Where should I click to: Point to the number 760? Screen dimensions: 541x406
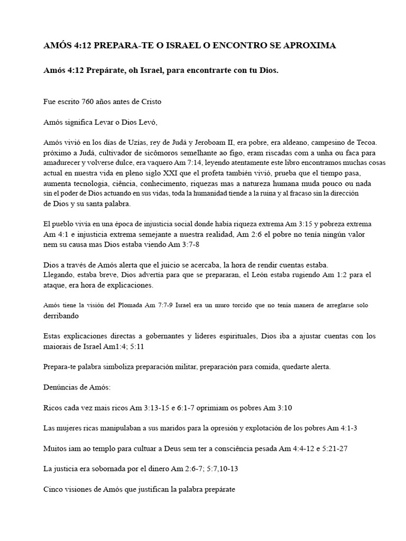point(90,101)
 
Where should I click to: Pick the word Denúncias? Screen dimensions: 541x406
point(61,387)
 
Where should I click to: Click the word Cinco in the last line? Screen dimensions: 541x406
point(53,490)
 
